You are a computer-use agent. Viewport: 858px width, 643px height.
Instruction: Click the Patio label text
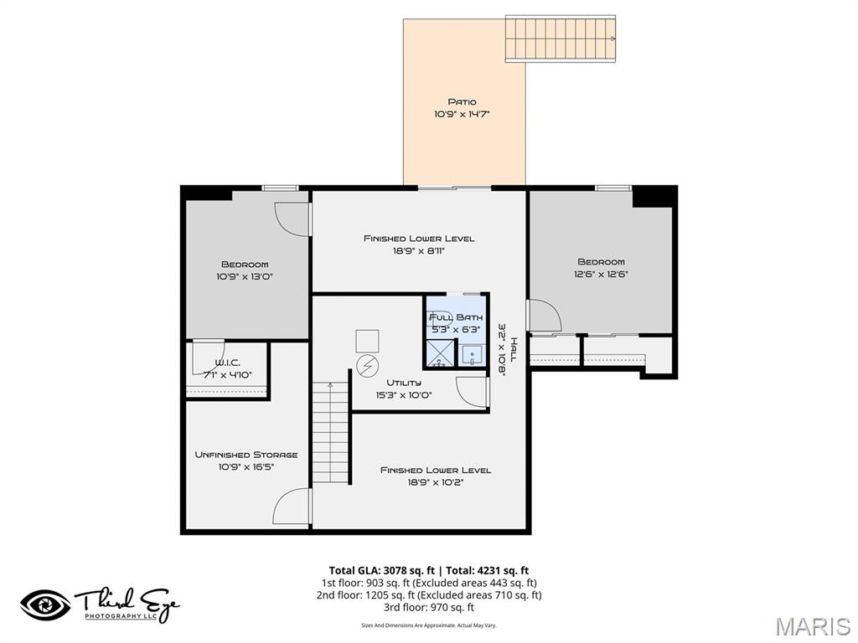coord(462,102)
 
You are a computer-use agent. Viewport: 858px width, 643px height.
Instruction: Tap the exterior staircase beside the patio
coord(560,39)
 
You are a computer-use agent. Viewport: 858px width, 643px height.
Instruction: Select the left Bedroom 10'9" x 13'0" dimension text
coord(245,275)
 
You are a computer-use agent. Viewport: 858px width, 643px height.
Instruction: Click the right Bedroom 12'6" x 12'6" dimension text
coord(601,274)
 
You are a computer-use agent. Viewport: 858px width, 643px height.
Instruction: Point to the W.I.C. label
coord(227,363)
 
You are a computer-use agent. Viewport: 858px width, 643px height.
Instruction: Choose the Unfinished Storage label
coord(246,455)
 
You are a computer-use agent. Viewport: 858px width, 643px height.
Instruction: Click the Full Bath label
coord(457,318)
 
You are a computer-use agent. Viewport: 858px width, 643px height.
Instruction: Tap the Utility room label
coord(404,383)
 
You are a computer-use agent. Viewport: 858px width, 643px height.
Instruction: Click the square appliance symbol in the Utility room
coord(367,340)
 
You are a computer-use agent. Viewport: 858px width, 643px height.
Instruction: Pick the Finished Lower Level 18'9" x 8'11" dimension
coord(419,250)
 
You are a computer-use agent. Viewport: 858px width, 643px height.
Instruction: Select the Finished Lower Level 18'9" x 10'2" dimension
coord(435,482)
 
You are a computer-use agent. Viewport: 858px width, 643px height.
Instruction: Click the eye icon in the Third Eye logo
coord(46,605)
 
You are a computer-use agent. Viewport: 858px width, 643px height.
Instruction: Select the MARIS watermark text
coord(813,626)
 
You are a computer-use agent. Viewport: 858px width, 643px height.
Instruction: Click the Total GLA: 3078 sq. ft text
coord(375,570)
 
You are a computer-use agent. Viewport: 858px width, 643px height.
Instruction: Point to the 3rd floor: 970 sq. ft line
coord(428,607)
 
